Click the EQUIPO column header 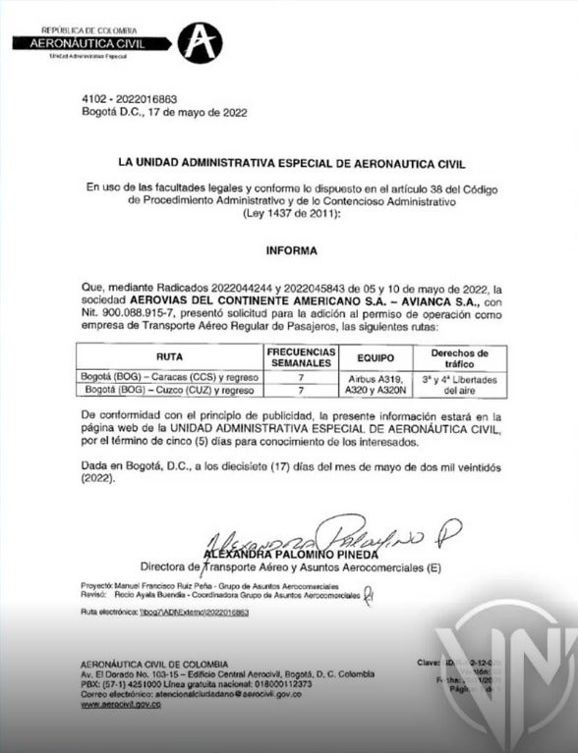click(376, 358)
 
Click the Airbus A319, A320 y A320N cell click(376, 383)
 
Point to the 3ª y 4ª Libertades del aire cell click(460, 383)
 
